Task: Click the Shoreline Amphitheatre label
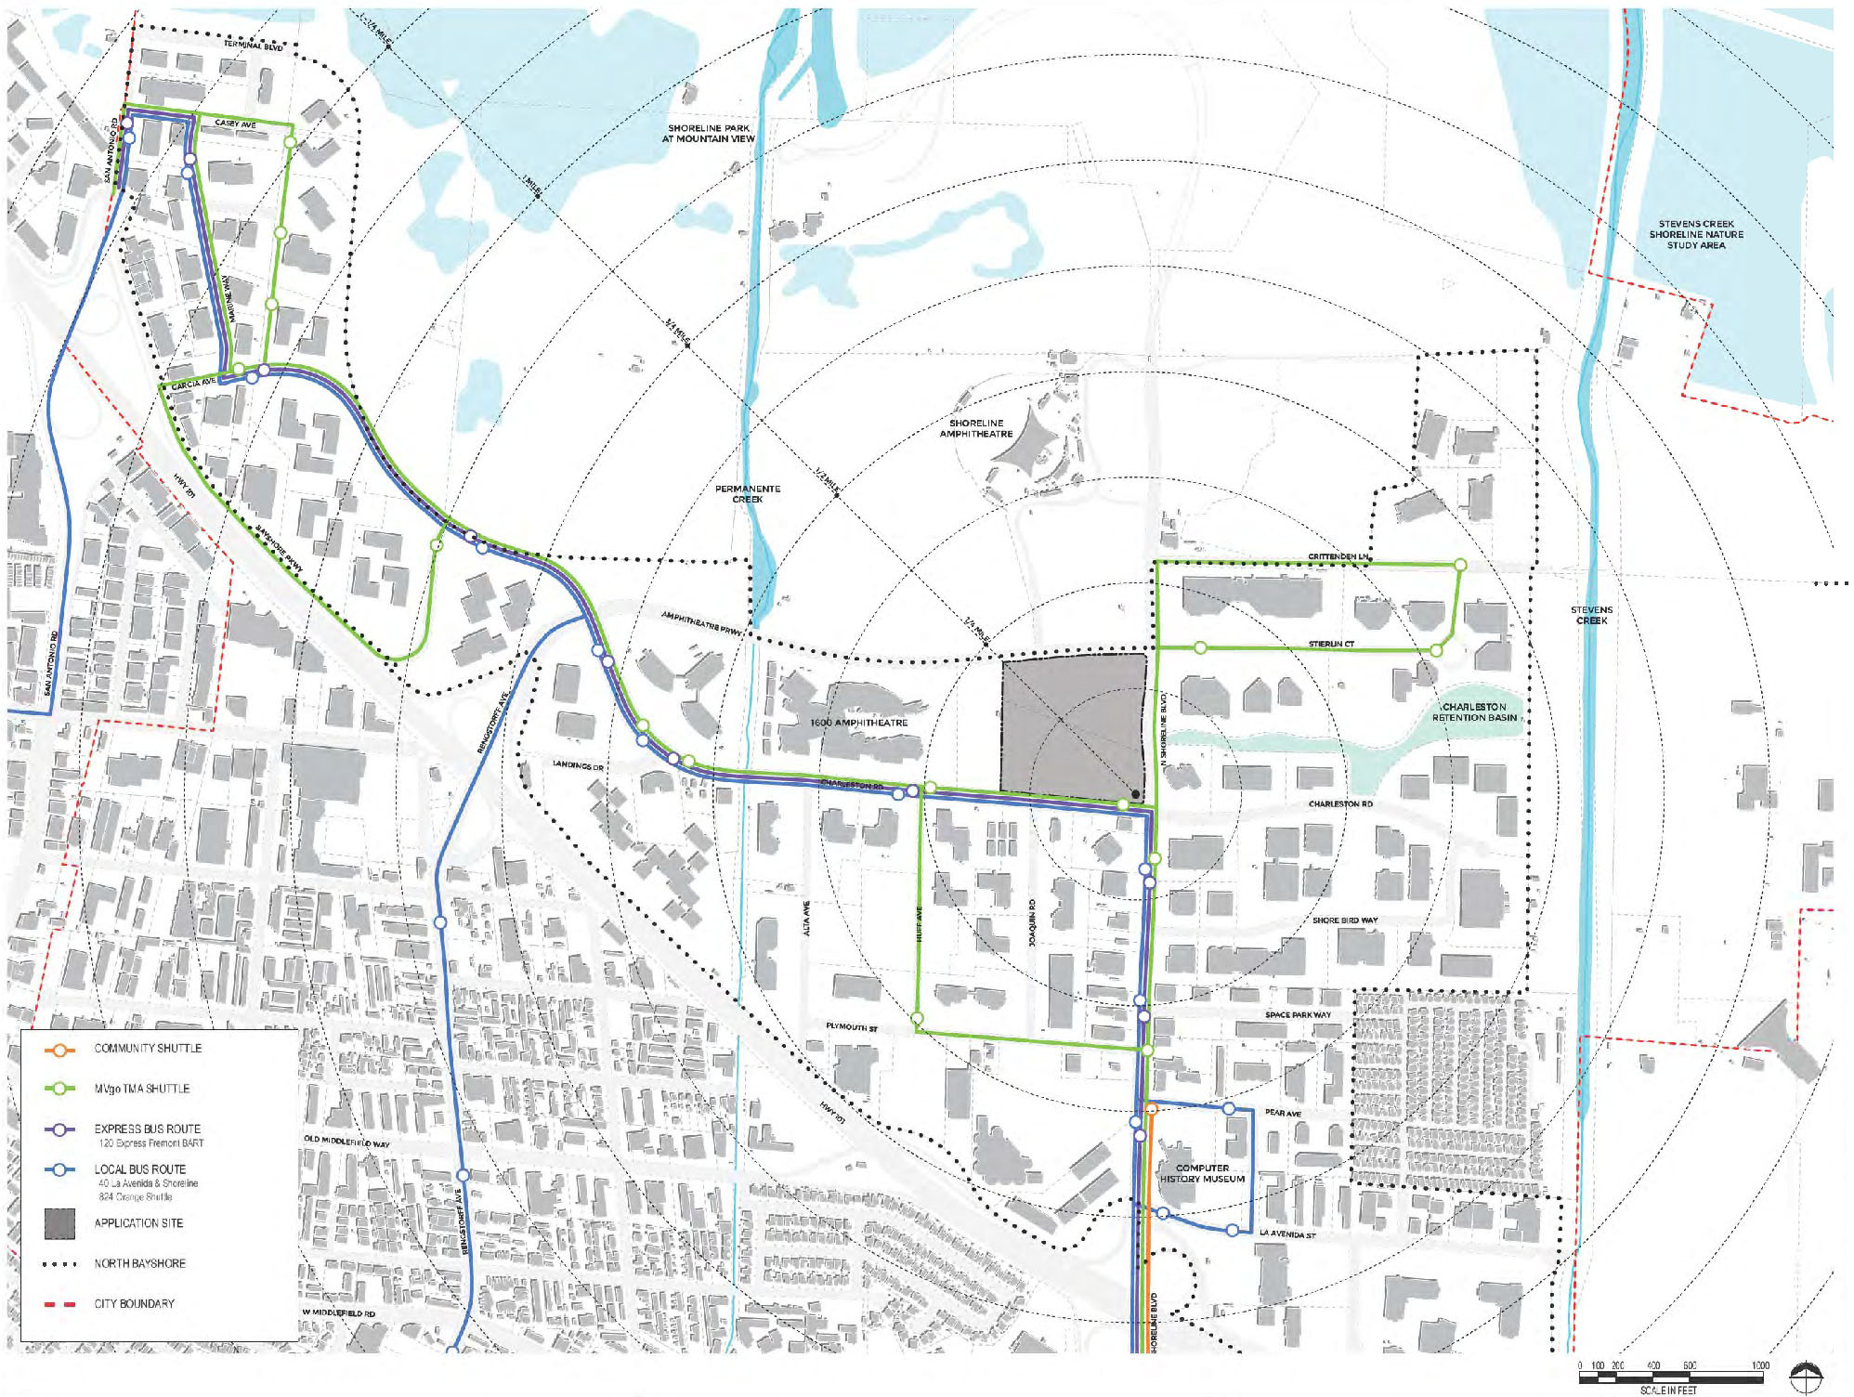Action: pyautogui.click(x=975, y=428)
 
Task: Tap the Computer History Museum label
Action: pyautogui.click(x=1202, y=1173)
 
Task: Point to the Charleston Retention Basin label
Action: pyautogui.click(x=1474, y=712)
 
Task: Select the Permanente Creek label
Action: pyautogui.click(x=748, y=493)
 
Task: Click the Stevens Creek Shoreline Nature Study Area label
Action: pyautogui.click(x=1696, y=234)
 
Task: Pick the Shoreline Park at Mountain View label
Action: pyautogui.click(x=709, y=133)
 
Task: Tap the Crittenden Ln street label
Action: pyautogui.click(x=1338, y=556)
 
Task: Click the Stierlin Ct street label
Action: pyautogui.click(x=1331, y=644)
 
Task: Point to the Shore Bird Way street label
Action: pyautogui.click(x=1345, y=920)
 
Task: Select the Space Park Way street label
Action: pyautogui.click(x=1298, y=1014)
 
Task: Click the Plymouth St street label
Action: pyautogui.click(x=852, y=1027)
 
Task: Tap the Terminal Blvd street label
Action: pyautogui.click(x=253, y=46)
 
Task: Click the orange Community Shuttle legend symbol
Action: pyautogui.click(x=59, y=1050)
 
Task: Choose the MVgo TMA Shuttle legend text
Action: pyautogui.click(x=141, y=1089)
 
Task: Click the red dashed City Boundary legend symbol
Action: pyautogui.click(x=59, y=1304)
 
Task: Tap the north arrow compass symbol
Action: pyautogui.click(x=1805, y=1377)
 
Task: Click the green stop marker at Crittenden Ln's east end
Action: pyautogui.click(x=1460, y=565)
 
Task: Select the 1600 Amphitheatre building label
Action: pyautogui.click(x=858, y=723)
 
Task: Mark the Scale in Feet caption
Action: pyautogui.click(x=1668, y=1390)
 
